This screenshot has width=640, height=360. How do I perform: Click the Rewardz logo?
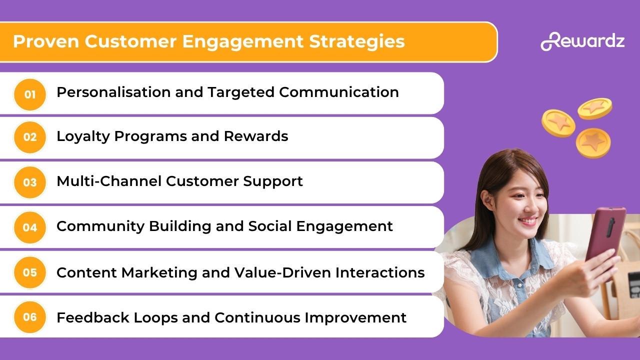click(x=582, y=41)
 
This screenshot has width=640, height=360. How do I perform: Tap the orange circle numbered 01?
click(x=30, y=94)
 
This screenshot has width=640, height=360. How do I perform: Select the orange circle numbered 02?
click(x=30, y=137)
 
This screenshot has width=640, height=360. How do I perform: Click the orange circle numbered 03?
click(x=30, y=182)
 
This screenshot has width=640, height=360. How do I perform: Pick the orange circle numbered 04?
click(x=30, y=227)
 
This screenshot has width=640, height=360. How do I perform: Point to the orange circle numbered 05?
click(x=30, y=272)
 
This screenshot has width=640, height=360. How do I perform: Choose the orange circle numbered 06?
click(x=30, y=317)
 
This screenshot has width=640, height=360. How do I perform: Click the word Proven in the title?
click(x=46, y=41)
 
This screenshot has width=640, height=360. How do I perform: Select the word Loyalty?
click(x=83, y=136)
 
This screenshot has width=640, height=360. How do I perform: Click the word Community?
click(x=100, y=226)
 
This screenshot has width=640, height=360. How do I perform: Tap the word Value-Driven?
click(x=282, y=272)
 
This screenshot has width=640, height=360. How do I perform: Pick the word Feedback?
click(x=93, y=317)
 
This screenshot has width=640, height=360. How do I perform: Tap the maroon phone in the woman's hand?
click(x=605, y=237)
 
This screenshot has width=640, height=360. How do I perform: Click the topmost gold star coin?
click(x=595, y=108)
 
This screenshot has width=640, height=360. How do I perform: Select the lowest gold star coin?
click(x=593, y=143)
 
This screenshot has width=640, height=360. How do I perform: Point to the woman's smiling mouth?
click(x=528, y=220)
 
